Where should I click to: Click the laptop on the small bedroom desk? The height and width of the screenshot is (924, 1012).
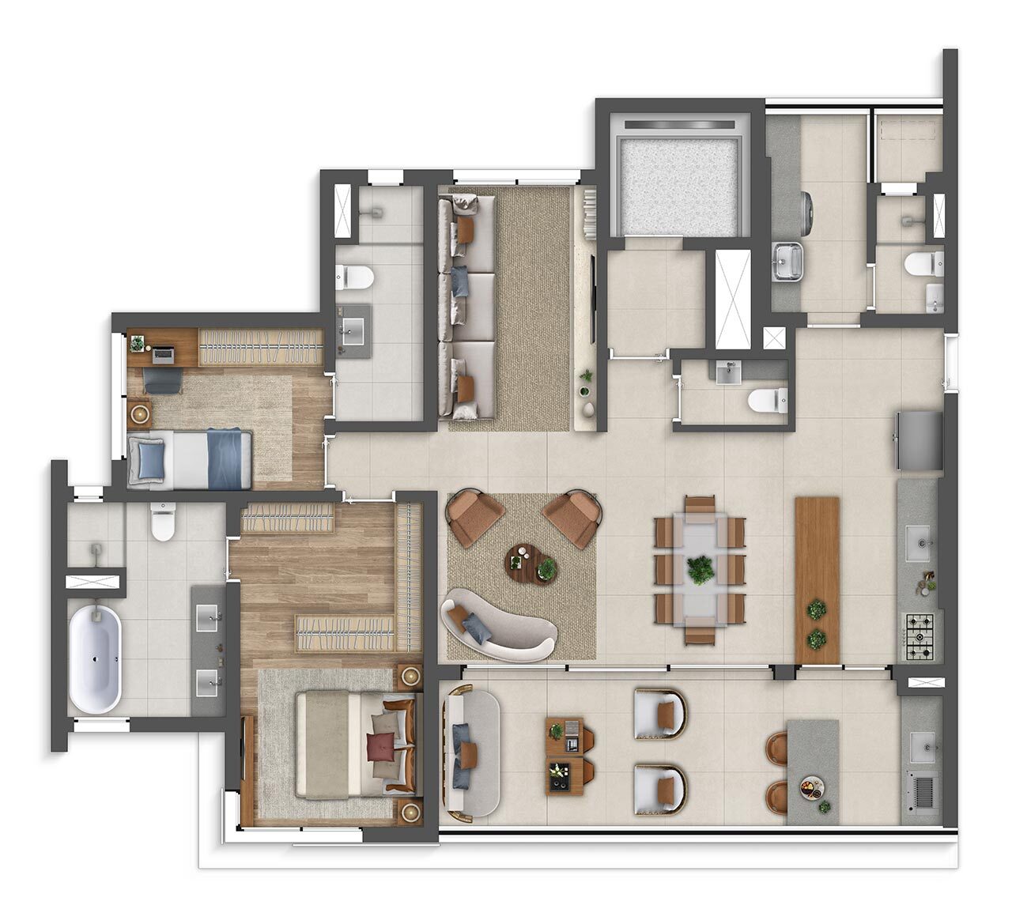coord(164,353)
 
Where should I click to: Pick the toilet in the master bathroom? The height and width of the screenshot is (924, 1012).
coord(163,522)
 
